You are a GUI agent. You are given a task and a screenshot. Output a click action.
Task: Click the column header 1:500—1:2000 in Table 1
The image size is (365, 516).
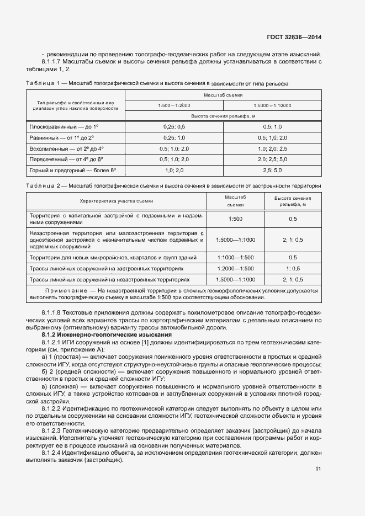174,105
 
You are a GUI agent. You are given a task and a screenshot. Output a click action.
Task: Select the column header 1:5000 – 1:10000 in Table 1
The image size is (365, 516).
272,105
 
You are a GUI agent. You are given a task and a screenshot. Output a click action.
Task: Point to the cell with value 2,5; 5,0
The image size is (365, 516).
272,171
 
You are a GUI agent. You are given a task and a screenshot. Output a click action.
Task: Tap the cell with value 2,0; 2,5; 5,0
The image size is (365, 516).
272,159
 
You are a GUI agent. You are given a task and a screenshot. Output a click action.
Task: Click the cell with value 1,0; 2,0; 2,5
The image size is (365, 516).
272,148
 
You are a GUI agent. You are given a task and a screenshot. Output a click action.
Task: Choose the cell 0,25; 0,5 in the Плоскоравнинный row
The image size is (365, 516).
174,126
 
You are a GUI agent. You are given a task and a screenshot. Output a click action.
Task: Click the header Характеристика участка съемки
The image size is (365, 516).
117,201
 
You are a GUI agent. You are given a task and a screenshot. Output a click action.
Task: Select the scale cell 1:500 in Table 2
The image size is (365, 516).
235,219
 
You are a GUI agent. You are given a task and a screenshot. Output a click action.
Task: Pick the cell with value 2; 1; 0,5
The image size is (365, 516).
293,240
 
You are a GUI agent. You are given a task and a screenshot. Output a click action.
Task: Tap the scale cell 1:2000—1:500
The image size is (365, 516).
235,268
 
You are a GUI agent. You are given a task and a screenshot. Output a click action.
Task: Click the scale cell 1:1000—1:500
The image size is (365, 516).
235,257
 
